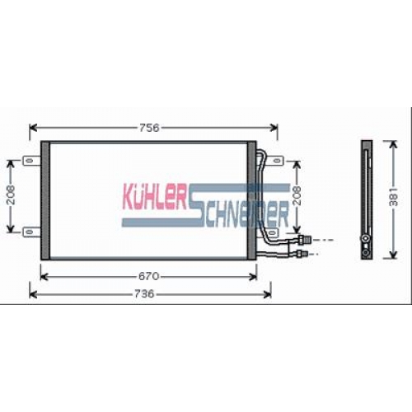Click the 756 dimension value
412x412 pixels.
149,128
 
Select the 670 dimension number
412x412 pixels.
148,276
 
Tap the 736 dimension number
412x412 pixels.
144,294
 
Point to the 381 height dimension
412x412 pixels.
393,197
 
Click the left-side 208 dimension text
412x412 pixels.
11,195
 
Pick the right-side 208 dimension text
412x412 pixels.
297,195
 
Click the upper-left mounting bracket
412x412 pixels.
31,161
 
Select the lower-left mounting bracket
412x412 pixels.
31,232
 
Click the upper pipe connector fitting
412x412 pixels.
305,240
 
